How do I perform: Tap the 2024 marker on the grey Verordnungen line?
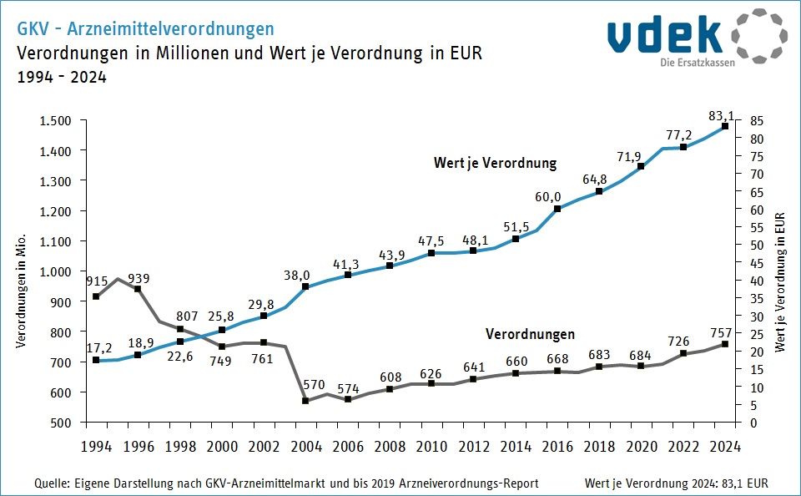click(x=725, y=344)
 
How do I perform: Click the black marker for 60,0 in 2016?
click(x=557, y=209)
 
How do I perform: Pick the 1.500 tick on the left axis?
click(x=55, y=120)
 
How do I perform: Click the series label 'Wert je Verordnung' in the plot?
click(x=495, y=162)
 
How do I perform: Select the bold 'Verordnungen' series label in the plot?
click(x=530, y=334)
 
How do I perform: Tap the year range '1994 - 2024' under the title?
click(x=62, y=77)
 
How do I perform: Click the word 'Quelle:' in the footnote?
click(x=52, y=483)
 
